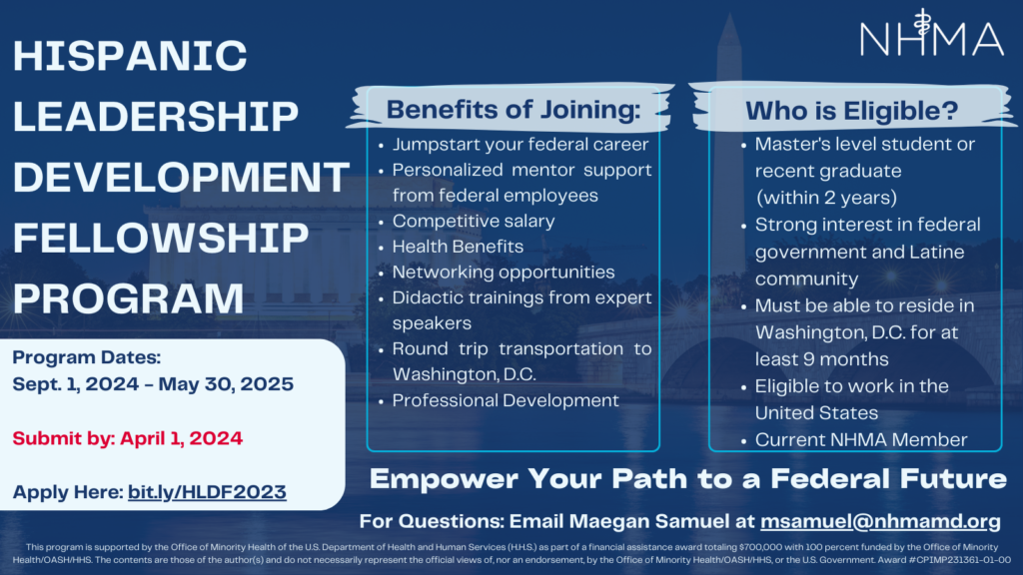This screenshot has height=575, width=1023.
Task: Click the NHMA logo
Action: [x=932, y=33]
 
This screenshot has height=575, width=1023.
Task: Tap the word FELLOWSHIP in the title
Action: [x=161, y=238]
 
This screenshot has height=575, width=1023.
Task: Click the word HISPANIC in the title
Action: [x=130, y=56]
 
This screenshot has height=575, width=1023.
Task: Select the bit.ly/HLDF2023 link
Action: [x=207, y=491]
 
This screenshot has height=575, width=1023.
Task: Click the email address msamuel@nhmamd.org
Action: [x=880, y=521]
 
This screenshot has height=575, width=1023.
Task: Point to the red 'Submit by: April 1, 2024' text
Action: [x=127, y=438]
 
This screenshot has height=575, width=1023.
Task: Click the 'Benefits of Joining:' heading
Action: [x=513, y=110]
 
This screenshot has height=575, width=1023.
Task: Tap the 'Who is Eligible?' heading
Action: [x=852, y=111]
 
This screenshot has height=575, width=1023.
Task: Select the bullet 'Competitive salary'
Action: [x=473, y=221]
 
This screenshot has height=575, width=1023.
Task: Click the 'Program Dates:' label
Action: [x=86, y=357]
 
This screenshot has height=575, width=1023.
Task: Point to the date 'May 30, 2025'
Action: [x=226, y=384]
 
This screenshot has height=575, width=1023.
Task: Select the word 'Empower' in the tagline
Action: [x=443, y=479]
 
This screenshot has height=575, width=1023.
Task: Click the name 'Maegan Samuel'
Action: [x=648, y=521]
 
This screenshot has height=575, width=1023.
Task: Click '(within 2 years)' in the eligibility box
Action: [x=826, y=198]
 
